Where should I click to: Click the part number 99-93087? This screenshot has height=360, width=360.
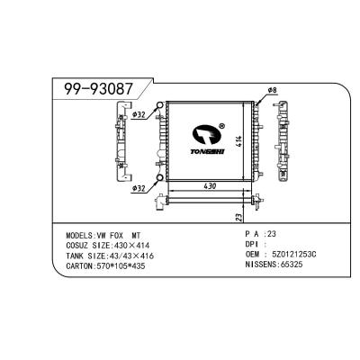pyautogui.click(x=98, y=89)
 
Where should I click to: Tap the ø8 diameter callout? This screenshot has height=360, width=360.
pyautogui.click(x=272, y=90)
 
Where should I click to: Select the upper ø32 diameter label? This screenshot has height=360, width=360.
pyautogui.click(x=139, y=114)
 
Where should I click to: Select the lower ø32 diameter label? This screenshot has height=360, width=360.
pyautogui.click(x=139, y=189)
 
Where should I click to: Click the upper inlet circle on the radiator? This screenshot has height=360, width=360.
pyautogui.click(x=160, y=105)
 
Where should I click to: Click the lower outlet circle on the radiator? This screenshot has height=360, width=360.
pyautogui.click(x=160, y=178)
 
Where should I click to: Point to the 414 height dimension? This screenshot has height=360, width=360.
pyautogui.click(x=239, y=141)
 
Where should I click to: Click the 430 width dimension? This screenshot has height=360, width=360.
pyautogui.click(x=210, y=186)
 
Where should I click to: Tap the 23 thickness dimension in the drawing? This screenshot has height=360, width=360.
pyautogui.click(x=238, y=218)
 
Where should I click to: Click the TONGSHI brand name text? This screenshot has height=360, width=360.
pyautogui.click(x=208, y=152)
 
